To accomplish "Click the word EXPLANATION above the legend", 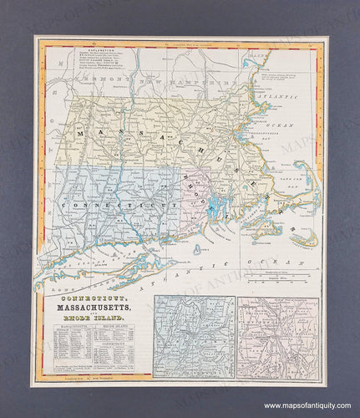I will tap(93, 49).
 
